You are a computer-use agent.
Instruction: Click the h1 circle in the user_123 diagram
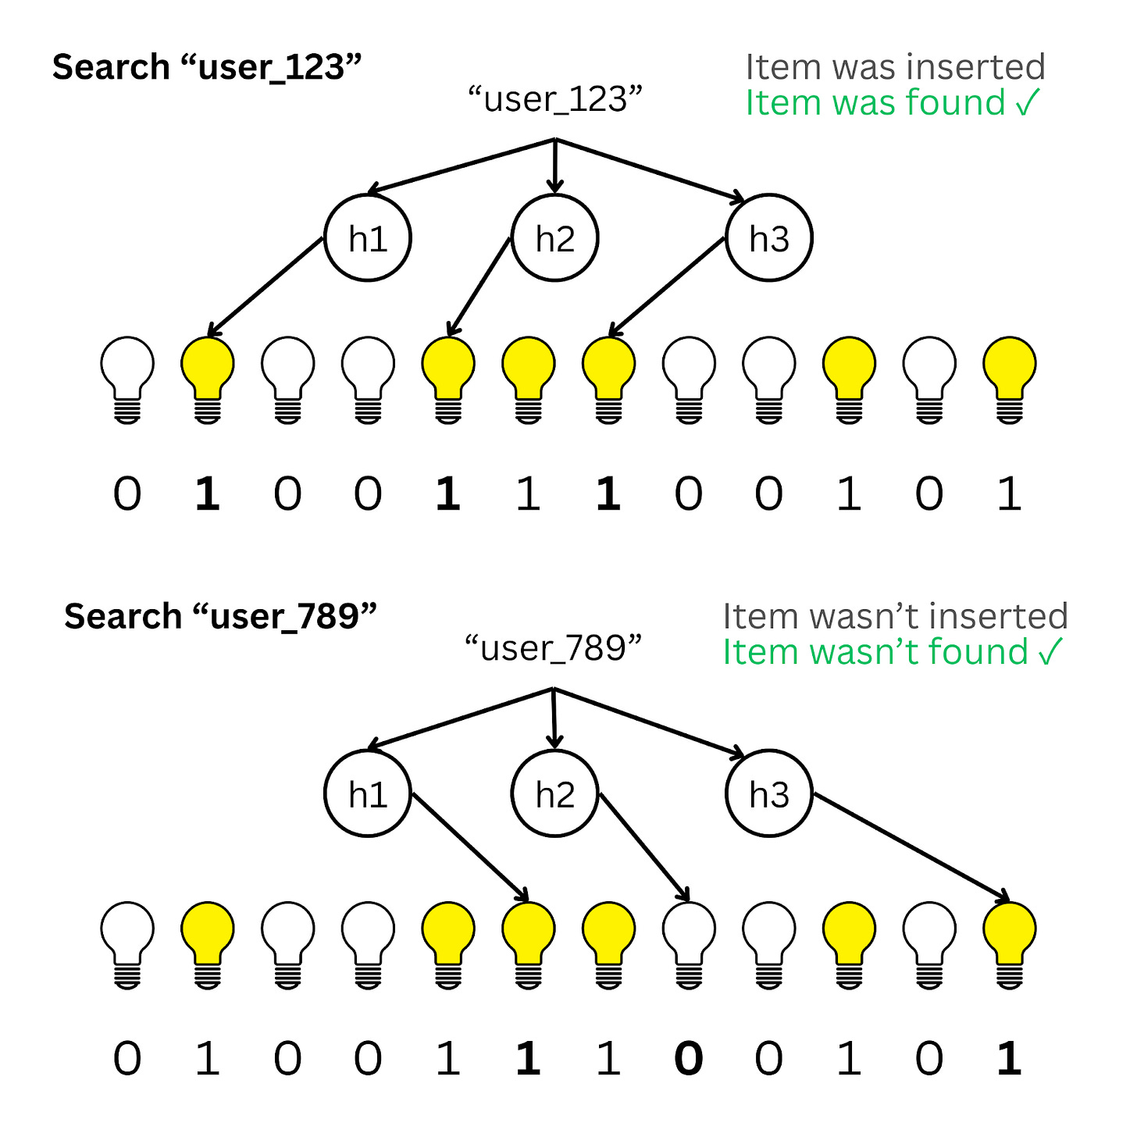coord(368,238)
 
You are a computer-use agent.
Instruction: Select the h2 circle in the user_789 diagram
coord(554,793)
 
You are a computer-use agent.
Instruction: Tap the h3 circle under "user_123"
coord(768,238)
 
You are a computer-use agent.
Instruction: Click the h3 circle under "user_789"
coord(768,793)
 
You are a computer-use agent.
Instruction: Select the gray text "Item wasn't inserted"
coord(895,616)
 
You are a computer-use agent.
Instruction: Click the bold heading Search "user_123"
coord(207,67)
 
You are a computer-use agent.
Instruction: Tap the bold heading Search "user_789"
coord(220,616)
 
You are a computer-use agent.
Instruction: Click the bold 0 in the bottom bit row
coord(688,1059)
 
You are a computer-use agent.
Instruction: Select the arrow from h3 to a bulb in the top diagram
coord(668,287)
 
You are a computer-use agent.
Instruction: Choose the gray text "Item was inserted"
coord(895,67)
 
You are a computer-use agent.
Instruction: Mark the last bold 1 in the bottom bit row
coord(1009,1059)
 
